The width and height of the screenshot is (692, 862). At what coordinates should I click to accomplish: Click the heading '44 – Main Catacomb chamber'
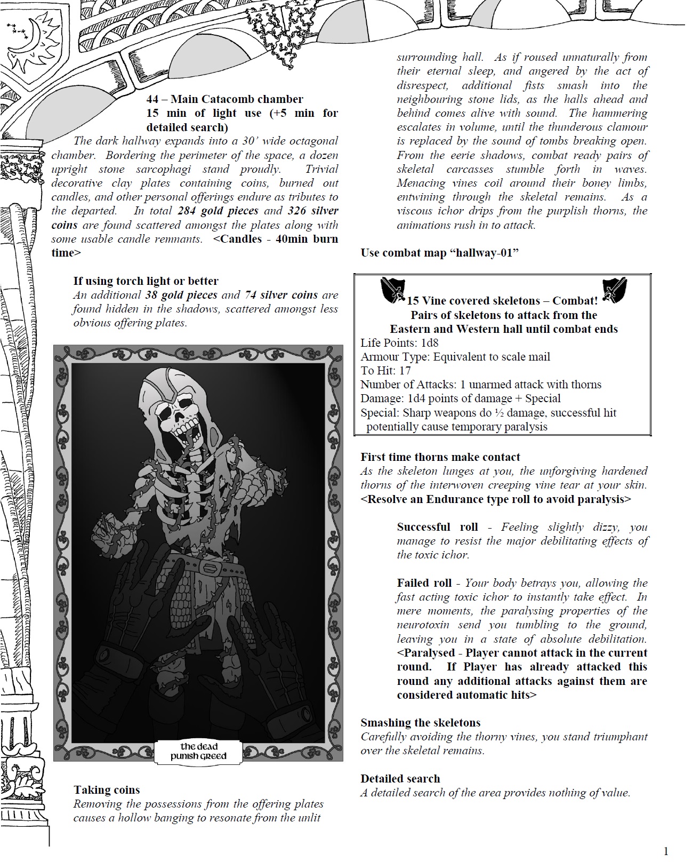tap(224, 99)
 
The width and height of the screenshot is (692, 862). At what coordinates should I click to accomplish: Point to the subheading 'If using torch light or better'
tap(146, 281)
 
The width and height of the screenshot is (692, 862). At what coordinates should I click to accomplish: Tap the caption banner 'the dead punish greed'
tap(198, 751)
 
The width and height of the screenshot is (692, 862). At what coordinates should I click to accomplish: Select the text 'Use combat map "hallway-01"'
tap(440, 253)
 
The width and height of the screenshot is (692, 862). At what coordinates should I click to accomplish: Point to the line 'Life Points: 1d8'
tap(399, 343)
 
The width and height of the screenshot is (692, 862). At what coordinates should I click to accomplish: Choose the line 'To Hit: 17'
tap(385, 371)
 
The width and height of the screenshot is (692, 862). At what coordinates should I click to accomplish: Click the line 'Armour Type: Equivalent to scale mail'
tap(455, 357)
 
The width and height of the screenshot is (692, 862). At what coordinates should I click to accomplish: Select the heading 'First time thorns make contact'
tap(440, 457)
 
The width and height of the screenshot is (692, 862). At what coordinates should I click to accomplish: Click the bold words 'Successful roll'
tap(437, 527)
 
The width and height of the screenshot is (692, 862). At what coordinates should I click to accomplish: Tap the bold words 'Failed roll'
tap(424, 583)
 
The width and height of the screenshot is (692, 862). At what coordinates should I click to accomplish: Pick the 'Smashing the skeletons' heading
tap(420, 723)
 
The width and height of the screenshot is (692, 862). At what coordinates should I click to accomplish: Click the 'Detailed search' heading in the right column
tap(400, 779)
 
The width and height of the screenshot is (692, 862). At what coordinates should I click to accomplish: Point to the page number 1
tap(666, 851)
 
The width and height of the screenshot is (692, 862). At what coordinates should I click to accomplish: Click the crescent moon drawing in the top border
tap(27, 37)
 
